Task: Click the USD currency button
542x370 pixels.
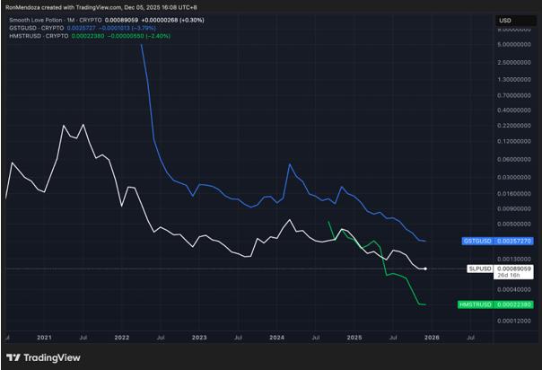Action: pos(504,21)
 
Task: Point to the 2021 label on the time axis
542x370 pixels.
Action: pos(44,337)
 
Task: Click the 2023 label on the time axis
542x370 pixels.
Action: pos(198,337)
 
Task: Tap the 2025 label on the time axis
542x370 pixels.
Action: pos(354,337)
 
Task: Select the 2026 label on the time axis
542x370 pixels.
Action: pos(432,337)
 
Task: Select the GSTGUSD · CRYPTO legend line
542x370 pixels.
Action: pos(40,28)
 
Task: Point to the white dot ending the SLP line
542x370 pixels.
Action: pos(424,269)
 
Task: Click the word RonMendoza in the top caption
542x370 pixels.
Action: pos(23,6)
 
